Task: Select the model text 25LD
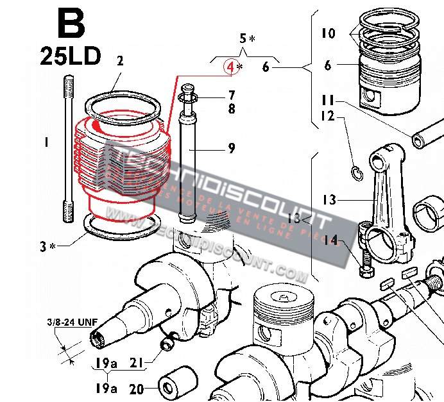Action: click(70, 56)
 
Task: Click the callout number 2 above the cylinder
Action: click(119, 62)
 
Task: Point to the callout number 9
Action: click(231, 149)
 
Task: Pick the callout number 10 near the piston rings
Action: click(328, 32)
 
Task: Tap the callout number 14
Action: click(331, 240)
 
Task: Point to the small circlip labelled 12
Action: click(355, 171)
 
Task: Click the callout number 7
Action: click(231, 96)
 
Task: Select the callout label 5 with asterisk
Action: click(246, 38)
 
